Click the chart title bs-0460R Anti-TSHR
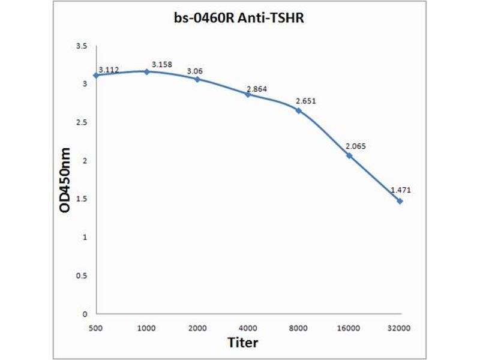point(238,19)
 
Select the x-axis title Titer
point(243,343)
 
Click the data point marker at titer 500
point(96,75)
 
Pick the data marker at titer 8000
point(298,110)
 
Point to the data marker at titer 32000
point(400,201)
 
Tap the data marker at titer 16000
point(349,155)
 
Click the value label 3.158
point(162,64)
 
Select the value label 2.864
point(256,89)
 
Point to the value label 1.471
point(401,190)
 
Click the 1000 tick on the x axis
point(146,328)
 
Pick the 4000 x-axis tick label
point(248,328)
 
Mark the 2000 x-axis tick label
point(197,328)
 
